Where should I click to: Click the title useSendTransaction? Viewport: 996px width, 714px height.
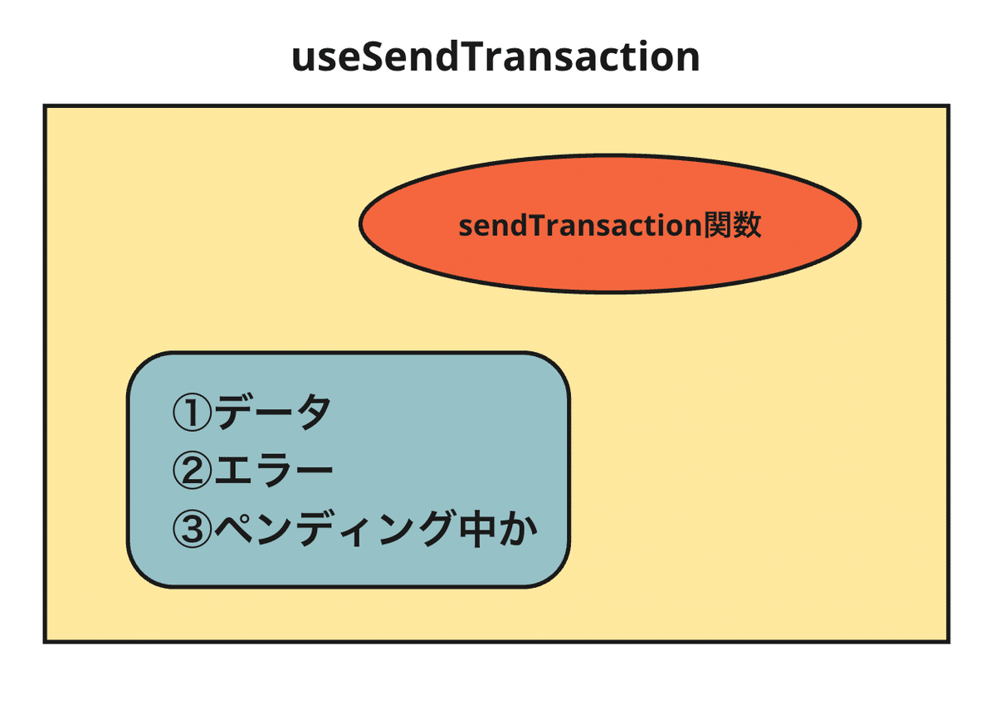496,57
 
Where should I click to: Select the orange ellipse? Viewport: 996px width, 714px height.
609,224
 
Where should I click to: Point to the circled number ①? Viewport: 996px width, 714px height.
192,413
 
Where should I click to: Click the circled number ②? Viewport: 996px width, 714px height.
192,471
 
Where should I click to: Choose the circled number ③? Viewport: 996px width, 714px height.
192,529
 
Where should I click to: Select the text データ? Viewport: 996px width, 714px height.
272,412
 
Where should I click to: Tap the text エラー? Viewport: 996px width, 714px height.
273,471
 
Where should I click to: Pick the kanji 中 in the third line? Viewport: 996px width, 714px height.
477,529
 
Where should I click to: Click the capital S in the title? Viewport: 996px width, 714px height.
373,57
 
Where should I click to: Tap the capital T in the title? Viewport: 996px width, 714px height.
476,56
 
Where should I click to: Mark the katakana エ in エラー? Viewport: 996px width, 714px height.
232,471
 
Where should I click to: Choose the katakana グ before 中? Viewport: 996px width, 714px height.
437,528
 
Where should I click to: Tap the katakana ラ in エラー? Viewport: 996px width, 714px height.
272,471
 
